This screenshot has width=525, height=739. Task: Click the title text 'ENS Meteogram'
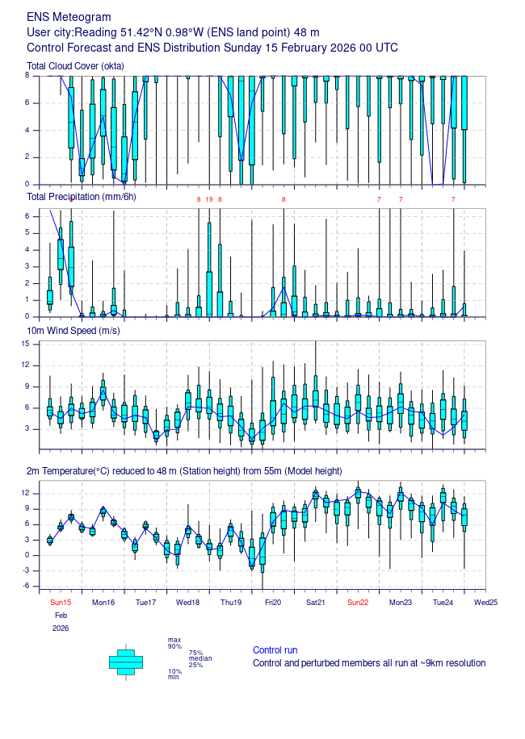pos(69,17)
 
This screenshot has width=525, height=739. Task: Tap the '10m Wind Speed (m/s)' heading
pos(74,332)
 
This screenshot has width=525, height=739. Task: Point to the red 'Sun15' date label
pos(61,602)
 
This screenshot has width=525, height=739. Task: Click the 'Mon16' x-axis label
pos(103,602)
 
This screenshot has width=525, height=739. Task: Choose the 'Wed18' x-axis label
pos(188,602)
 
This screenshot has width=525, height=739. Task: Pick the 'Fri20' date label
pos(272,602)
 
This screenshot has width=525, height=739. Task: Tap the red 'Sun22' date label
pos(358,602)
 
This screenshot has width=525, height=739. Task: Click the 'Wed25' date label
pos(485,602)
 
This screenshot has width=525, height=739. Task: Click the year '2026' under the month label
pos(61,628)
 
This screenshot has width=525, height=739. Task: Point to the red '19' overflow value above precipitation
pos(209,199)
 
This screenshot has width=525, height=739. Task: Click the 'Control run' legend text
pos(275,650)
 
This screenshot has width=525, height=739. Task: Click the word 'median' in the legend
pos(200,658)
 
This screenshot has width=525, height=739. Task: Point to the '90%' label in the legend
pos(174,646)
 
